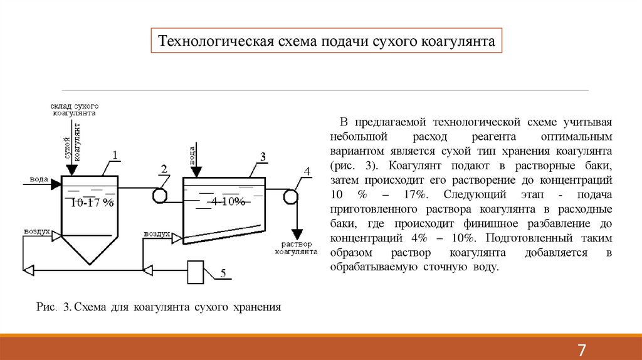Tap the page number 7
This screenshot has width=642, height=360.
click(581, 349)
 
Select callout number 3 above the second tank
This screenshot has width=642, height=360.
click(263, 156)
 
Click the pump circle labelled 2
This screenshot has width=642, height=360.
click(160, 194)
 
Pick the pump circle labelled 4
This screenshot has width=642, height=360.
click(290, 196)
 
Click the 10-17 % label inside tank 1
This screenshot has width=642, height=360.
click(92, 203)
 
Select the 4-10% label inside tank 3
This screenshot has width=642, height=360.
click(227, 201)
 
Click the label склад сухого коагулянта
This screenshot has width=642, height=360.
click(74, 110)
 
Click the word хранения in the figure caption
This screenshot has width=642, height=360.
click(256, 307)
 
